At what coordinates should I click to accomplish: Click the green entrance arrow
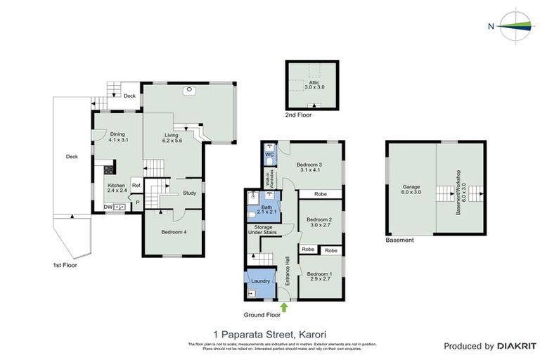point(284,306)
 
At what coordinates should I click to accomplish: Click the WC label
point(269,153)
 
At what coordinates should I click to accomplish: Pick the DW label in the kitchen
point(108,207)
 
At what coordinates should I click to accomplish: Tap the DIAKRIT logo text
point(516,346)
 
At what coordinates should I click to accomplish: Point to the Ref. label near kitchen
point(136,186)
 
